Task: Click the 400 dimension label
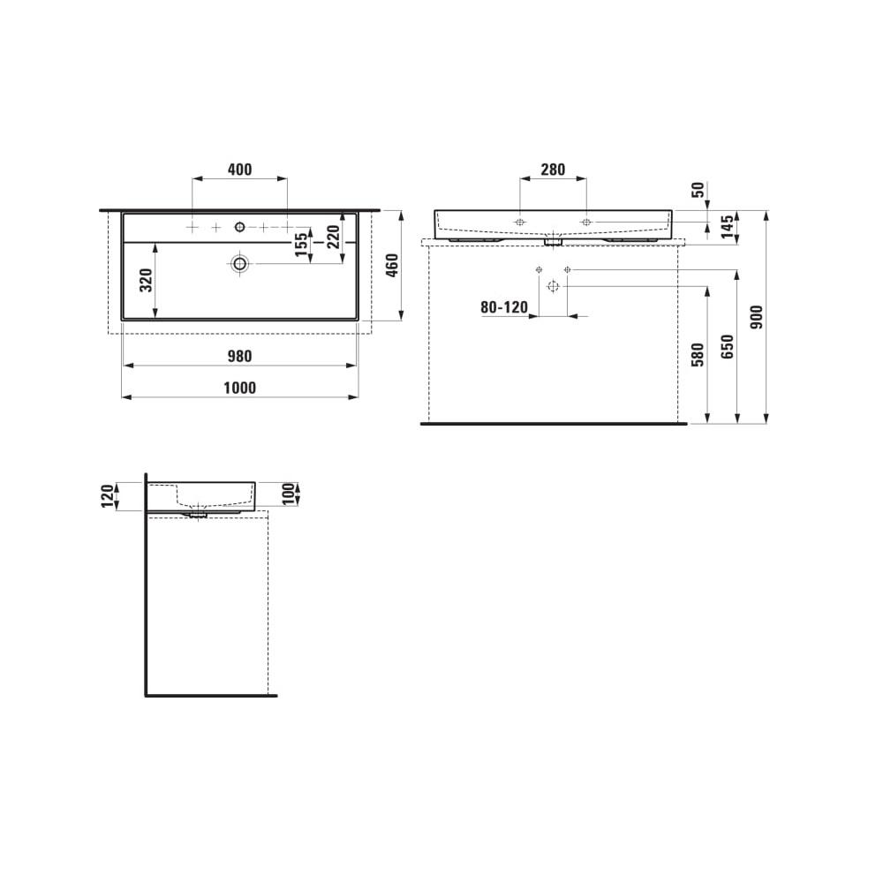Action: pyautogui.click(x=239, y=170)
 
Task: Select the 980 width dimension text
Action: pyautogui.click(x=239, y=356)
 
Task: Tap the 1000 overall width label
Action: pyautogui.click(x=239, y=388)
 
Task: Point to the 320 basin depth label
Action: pyautogui.click(x=147, y=280)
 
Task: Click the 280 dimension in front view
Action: pyautogui.click(x=552, y=170)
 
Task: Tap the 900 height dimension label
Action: pyautogui.click(x=757, y=317)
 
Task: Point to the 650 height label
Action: pyautogui.click(x=727, y=347)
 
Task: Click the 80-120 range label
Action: pyautogui.click(x=503, y=307)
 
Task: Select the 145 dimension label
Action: pyautogui.click(x=727, y=226)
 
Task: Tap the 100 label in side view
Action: pyautogui.click(x=287, y=494)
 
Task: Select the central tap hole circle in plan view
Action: pyautogui.click(x=239, y=228)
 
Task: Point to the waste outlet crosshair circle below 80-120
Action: pyautogui.click(x=553, y=286)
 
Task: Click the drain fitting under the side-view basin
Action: pyautogui.click(x=197, y=512)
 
